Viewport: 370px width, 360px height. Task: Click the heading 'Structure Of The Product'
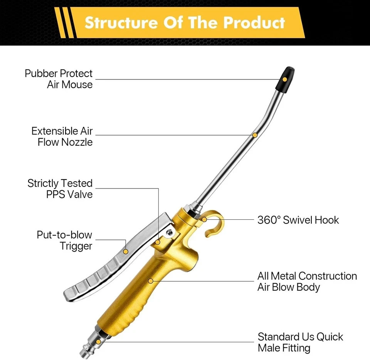(185, 22)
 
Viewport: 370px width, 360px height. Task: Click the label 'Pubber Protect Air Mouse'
(59, 79)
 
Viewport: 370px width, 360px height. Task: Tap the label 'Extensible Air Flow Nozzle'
(62, 136)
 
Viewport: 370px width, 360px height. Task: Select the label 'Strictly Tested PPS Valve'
(60, 188)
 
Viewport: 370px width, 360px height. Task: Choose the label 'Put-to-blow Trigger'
(64, 240)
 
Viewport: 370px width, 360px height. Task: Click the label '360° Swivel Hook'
(298, 220)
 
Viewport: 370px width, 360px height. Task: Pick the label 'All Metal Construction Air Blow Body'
(307, 281)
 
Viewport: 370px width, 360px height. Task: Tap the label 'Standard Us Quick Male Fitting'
(300, 342)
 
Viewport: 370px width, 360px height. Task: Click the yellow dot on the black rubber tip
(284, 79)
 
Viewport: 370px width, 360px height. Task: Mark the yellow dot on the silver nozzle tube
(255, 135)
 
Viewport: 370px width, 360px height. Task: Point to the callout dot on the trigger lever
(126, 251)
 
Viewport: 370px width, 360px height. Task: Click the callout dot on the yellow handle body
(151, 281)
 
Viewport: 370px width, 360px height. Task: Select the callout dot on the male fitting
(99, 342)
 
